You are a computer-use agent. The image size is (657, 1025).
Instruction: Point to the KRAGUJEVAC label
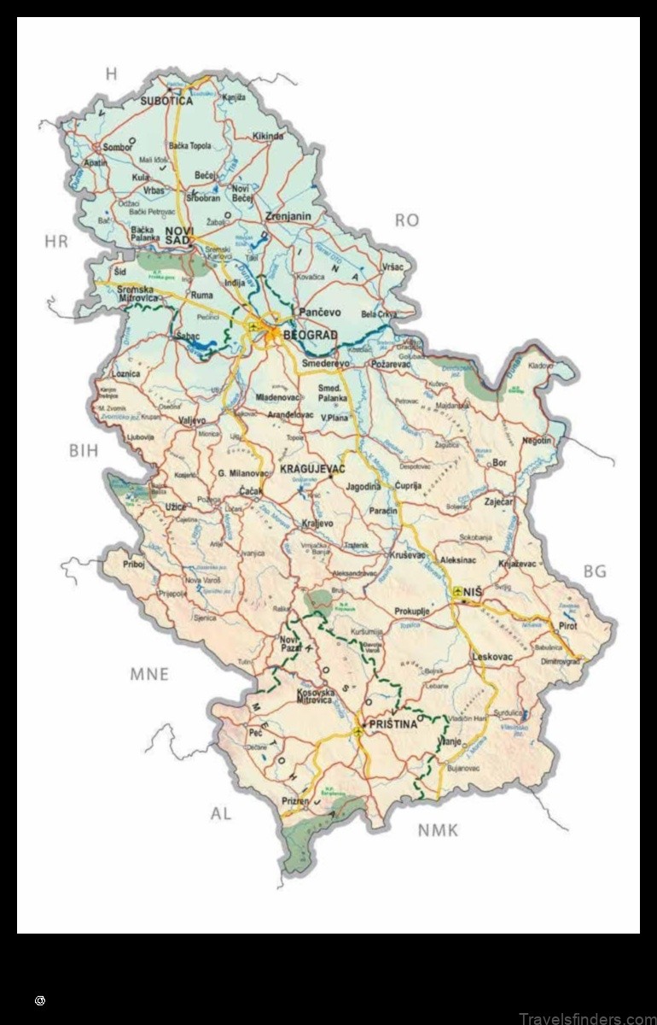tap(311, 470)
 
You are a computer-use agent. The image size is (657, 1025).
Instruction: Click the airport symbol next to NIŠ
tap(458, 591)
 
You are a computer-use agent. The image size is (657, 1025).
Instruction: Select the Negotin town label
tap(537, 440)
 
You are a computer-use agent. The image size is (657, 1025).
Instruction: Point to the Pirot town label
tap(567, 625)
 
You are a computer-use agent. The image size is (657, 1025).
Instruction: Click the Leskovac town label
tap(491, 657)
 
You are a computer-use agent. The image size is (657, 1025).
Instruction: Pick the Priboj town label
tap(134, 565)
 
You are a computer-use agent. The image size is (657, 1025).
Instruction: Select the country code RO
tap(406, 220)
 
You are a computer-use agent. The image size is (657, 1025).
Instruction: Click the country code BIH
tap(84, 450)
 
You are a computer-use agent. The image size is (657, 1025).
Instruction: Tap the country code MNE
tap(148, 674)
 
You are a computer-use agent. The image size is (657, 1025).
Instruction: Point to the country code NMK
tap(438, 829)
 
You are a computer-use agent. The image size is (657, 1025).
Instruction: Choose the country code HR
tap(55, 242)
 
